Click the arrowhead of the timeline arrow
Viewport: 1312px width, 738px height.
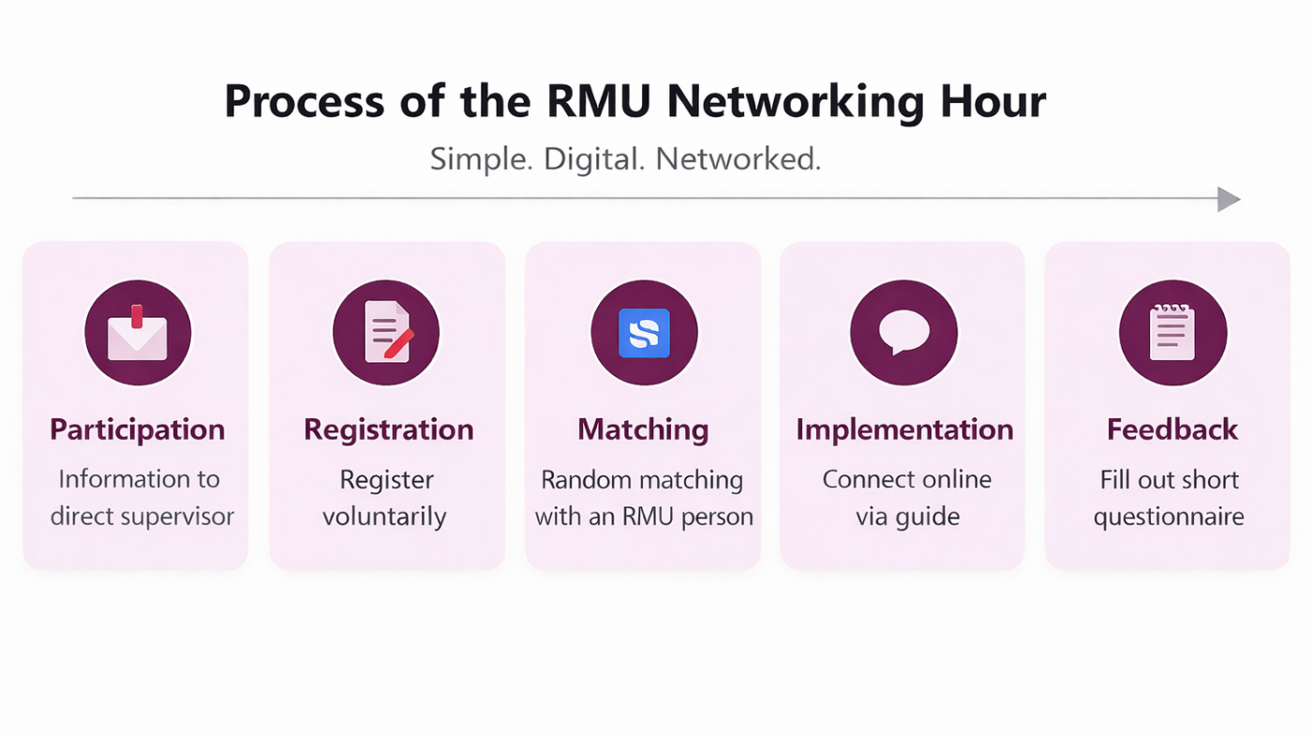(1228, 199)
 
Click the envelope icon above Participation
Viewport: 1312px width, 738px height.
(138, 333)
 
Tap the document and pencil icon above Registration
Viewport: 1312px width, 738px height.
(386, 333)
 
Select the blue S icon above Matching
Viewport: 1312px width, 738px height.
(644, 333)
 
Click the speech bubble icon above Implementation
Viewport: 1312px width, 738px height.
(903, 333)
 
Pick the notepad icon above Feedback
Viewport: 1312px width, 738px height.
(1172, 333)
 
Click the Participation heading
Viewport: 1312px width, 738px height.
(138, 429)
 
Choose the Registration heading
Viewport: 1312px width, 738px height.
(388, 429)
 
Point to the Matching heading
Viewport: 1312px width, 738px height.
(643, 429)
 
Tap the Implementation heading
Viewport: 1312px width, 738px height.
(904, 429)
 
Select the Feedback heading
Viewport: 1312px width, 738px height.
(1172, 429)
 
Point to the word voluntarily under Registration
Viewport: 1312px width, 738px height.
(384, 516)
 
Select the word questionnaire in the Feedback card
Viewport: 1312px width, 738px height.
(1169, 517)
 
